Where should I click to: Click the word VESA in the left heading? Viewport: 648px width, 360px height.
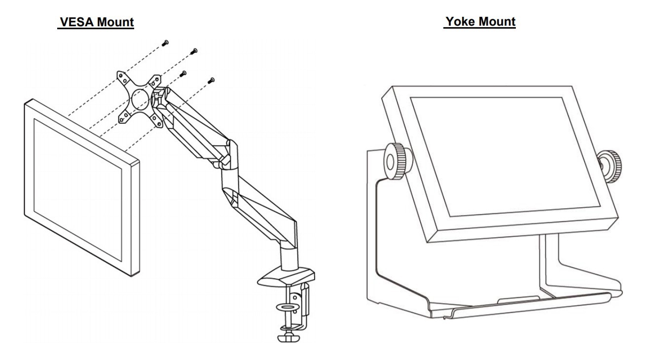pos(76,22)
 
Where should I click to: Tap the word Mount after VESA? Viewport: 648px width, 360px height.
pos(115,22)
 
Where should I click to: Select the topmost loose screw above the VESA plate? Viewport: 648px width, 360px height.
pos(165,43)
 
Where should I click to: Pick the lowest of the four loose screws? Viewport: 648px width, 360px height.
pos(211,81)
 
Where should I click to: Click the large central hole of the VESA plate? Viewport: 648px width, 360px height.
pos(141,100)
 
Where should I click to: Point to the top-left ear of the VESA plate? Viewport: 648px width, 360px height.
pos(122,77)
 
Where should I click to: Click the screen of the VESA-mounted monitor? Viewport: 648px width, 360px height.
pos(78,190)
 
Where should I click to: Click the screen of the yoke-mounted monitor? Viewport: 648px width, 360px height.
pos(505,156)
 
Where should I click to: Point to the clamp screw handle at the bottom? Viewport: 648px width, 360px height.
pos(288,337)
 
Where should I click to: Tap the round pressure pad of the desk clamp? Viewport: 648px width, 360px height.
pos(287,307)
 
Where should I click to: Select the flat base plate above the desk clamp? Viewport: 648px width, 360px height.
pos(286,277)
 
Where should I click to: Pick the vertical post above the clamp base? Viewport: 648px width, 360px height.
pos(289,257)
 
